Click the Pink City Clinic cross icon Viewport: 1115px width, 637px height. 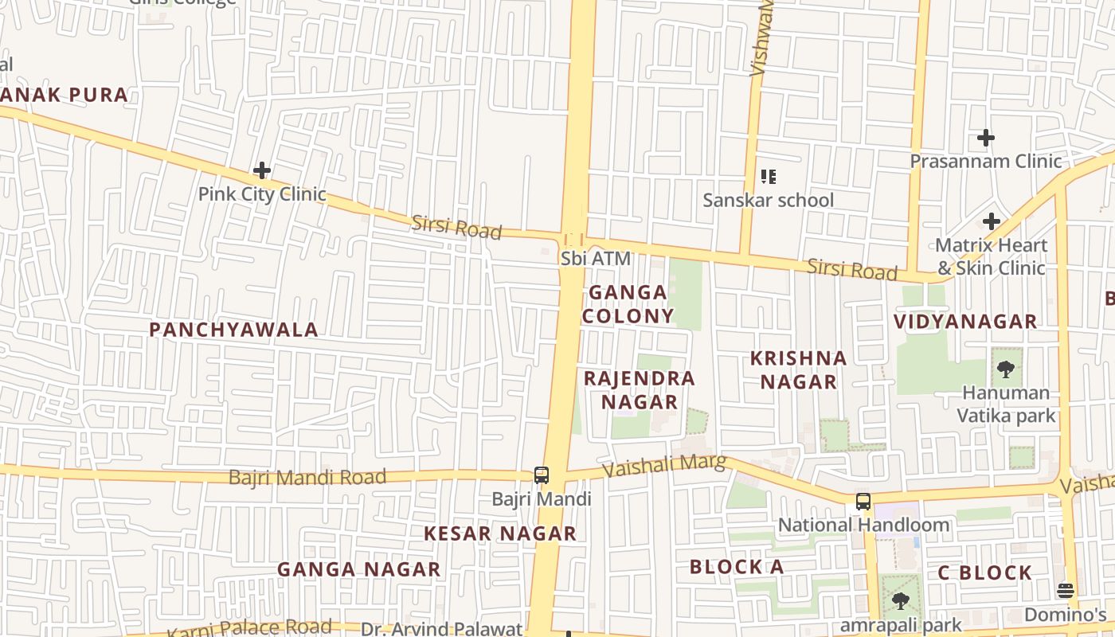click(262, 170)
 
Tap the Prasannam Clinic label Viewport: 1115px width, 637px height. click(986, 162)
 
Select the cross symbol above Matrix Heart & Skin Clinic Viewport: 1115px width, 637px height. click(992, 221)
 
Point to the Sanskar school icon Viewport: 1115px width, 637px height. click(768, 177)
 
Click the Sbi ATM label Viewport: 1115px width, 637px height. click(596, 259)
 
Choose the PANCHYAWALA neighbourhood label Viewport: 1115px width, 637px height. click(233, 330)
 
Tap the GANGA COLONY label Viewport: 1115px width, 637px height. click(628, 304)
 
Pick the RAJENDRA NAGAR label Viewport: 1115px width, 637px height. click(640, 390)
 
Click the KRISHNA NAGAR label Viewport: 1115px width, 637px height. click(798, 370)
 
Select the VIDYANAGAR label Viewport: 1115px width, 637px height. click(965, 322)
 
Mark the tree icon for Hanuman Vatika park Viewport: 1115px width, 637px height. click(1006, 369)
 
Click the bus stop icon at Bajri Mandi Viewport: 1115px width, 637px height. click(542, 475)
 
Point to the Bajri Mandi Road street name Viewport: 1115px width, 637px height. click(307, 478)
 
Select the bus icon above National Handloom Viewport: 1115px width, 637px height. click(863, 502)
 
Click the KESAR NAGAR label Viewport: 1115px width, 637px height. click(499, 533)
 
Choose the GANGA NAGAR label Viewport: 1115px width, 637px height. click(358, 569)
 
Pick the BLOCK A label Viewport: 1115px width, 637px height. click(737, 567)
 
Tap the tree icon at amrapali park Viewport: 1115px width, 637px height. click(901, 601)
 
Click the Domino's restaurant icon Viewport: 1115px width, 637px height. click(1066, 591)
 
